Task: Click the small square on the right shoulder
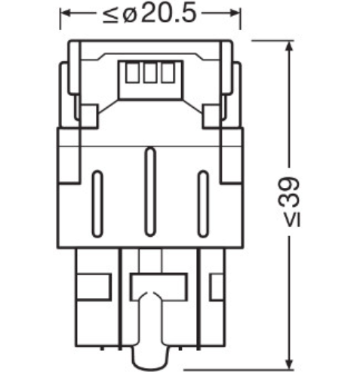click(211, 115)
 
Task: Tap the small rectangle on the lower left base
click(85, 287)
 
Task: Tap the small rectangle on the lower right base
click(215, 287)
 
